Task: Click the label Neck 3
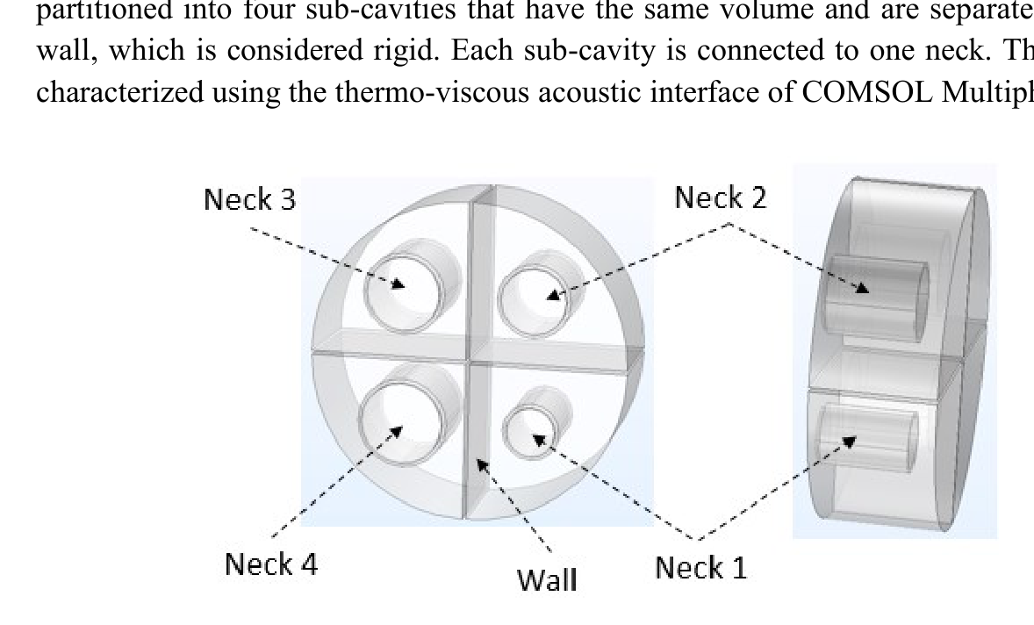[249, 201]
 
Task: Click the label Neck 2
[720, 199]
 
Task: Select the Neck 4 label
[270, 563]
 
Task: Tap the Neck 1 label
[701, 568]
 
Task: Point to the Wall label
[547, 578]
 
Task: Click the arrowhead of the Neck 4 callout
[399, 429]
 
